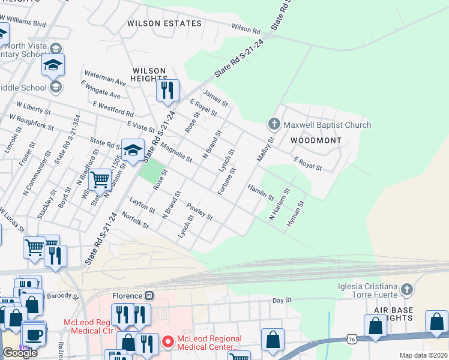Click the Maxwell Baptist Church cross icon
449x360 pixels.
pos(274,124)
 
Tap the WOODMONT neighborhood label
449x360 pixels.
pos(316,140)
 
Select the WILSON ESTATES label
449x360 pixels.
pos(164,23)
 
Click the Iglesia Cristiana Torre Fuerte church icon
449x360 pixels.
pos(406,289)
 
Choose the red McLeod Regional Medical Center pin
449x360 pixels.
pos(167,343)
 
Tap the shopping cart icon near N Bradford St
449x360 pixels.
pos(99,179)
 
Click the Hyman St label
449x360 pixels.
pos(296,213)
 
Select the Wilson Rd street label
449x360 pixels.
pos(246,29)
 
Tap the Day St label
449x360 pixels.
pos(282,300)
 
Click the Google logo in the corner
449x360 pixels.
pos(20,353)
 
